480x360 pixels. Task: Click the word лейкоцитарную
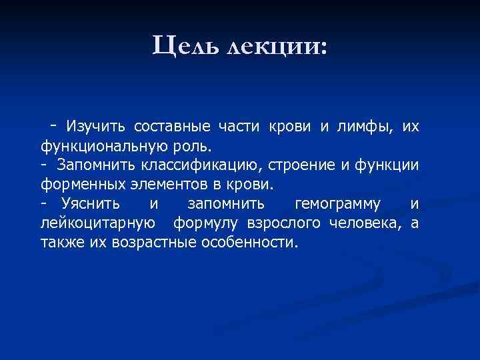point(99,223)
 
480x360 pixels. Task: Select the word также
point(60,241)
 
